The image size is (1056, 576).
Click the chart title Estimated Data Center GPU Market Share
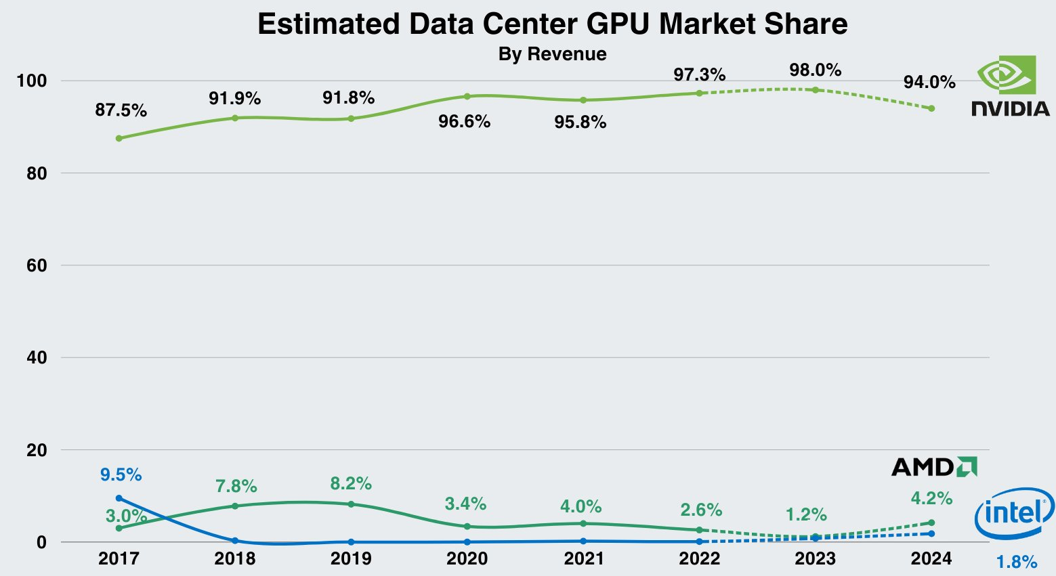tap(552, 24)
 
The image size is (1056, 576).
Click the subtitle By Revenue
tap(552, 54)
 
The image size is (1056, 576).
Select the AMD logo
tap(934, 467)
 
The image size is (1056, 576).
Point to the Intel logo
tap(1014, 514)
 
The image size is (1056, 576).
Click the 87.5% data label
tap(121, 110)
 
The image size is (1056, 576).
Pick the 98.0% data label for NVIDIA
tap(815, 70)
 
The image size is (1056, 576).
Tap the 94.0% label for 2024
tap(929, 83)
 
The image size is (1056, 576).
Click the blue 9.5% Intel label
tap(121, 475)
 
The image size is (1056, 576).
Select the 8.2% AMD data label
tap(351, 484)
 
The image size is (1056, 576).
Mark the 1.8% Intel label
tap(1016, 562)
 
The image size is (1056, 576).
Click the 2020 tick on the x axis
tap(467, 559)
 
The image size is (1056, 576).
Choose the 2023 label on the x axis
tap(815, 559)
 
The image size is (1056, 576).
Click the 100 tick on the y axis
tap(32, 81)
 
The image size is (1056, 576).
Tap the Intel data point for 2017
tap(119, 498)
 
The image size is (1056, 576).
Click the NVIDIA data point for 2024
tap(931, 108)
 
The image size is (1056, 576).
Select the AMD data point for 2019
tap(351, 504)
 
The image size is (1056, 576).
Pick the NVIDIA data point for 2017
tap(119, 138)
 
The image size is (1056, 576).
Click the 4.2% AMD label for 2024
tap(931, 499)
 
